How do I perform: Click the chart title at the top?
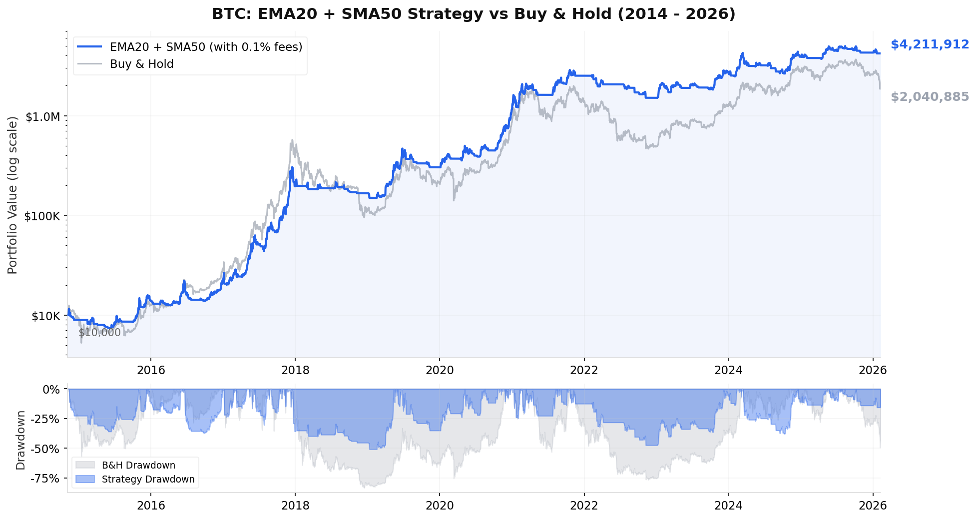(474, 14)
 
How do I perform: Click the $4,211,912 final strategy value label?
(930, 44)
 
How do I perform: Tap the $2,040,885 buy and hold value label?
(930, 97)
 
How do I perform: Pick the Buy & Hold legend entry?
(141, 64)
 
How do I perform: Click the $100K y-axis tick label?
(42, 216)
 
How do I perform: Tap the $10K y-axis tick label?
(45, 316)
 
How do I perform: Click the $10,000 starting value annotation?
(99, 333)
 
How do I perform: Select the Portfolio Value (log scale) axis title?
(12, 195)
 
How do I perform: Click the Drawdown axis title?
(20, 440)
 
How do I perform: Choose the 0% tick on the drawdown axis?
(51, 389)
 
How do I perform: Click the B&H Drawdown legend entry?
(138, 465)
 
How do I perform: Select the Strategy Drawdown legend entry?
(148, 479)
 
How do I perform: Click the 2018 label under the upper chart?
(295, 370)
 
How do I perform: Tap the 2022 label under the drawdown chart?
(584, 506)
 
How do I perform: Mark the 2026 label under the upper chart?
(873, 370)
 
